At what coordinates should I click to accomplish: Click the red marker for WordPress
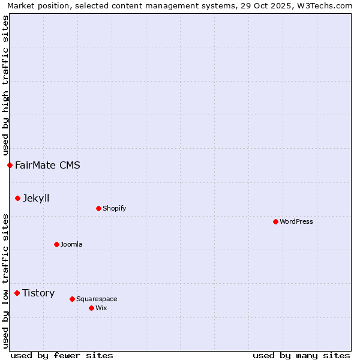[275, 221]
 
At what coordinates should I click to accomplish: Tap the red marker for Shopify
[98, 208]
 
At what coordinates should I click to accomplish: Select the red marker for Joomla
[56, 244]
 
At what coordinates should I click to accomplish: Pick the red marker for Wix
[91, 308]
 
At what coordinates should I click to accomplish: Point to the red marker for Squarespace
[72, 299]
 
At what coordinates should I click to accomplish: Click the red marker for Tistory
[17, 293]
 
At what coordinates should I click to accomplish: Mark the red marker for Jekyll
[17, 198]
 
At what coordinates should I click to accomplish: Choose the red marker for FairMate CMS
[10, 165]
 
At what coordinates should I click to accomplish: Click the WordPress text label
[296, 221]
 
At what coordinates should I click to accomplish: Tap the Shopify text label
[114, 208]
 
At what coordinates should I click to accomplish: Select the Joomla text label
[71, 244]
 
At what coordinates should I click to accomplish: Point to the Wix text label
[101, 308]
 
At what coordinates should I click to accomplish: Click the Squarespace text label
[97, 299]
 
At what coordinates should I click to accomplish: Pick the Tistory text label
[38, 293]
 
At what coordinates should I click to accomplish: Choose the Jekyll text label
[36, 198]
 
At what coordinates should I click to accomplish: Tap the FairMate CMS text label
[47, 165]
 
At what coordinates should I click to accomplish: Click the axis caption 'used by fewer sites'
[62, 355]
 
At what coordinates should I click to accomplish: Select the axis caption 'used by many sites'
[301, 355]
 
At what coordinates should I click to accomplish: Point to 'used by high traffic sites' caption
[5, 85]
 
